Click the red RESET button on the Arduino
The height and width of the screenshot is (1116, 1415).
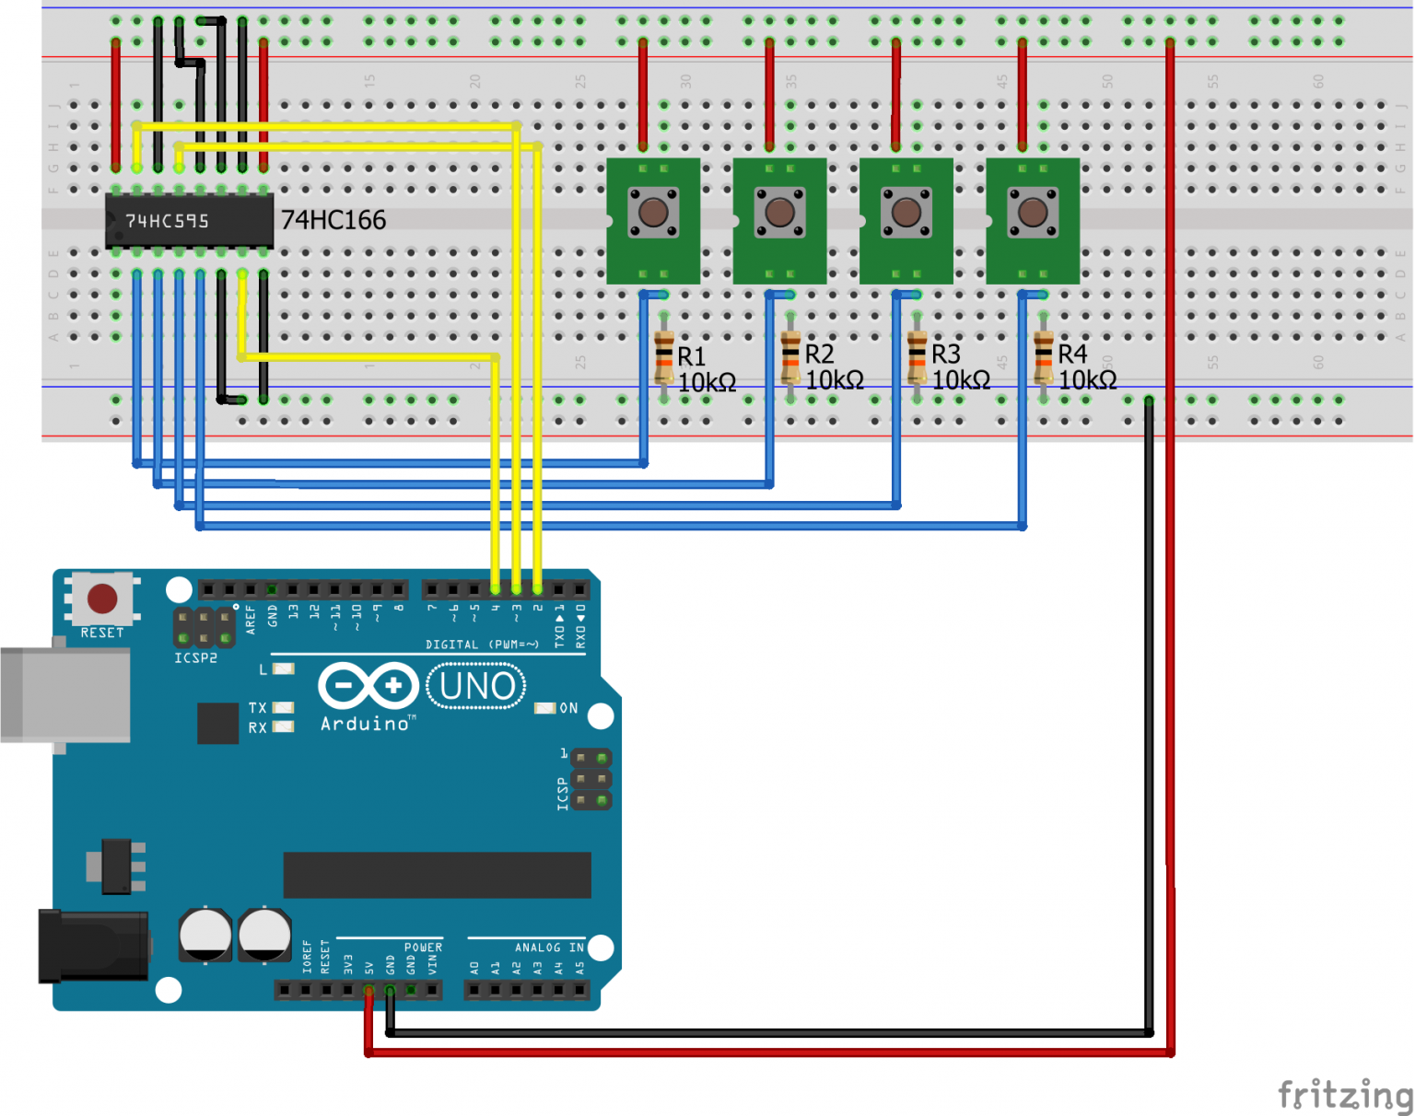101,599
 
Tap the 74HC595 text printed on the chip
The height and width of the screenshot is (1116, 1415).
167,221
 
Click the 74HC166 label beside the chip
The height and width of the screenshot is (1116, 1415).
333,220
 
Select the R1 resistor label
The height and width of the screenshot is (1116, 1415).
691,356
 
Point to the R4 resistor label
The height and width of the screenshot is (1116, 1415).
1072,355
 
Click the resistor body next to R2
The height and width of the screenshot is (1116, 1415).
790,359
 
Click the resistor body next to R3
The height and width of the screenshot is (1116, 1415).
917,359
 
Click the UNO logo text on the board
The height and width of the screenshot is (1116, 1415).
476,687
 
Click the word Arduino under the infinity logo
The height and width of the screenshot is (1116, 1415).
365,724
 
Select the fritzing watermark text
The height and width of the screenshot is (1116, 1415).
1345,1095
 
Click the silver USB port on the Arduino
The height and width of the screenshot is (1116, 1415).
64,694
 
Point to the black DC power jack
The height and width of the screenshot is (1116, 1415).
92,946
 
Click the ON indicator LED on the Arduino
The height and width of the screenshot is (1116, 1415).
545,708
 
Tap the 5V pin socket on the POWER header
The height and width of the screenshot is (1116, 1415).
368,990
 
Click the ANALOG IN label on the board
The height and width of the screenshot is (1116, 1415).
549,947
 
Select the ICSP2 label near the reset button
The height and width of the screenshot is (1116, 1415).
195,657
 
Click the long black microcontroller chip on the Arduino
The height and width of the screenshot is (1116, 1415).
437,875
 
